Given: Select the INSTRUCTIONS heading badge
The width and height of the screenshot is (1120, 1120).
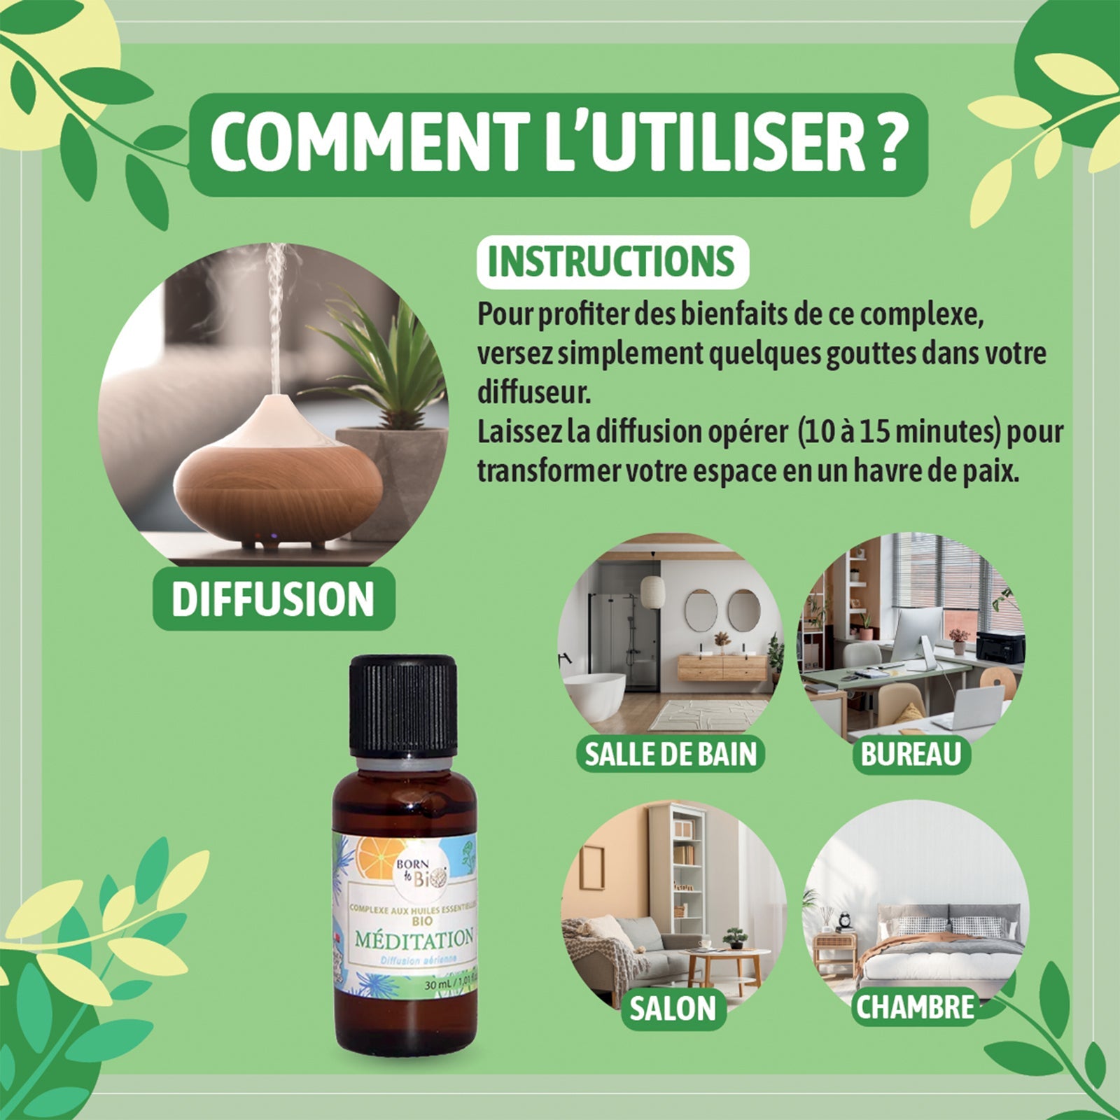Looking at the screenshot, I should pos(612,262).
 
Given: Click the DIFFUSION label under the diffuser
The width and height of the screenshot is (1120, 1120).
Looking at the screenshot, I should pos(274,599).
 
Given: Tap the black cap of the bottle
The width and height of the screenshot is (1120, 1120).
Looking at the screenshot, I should pos(402,703).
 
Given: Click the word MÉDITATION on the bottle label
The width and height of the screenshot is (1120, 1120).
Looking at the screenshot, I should pos(414,939).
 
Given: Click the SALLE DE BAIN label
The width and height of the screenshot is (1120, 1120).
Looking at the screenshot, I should pos(670,754).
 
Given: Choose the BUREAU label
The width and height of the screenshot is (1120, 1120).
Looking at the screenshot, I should pos(911,754).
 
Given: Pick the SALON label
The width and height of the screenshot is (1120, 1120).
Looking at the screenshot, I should pos(673,1009).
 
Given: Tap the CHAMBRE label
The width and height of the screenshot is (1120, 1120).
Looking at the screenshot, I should pos(915,1007).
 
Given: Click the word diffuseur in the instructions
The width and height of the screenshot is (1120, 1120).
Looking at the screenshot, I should pos(534,393).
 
